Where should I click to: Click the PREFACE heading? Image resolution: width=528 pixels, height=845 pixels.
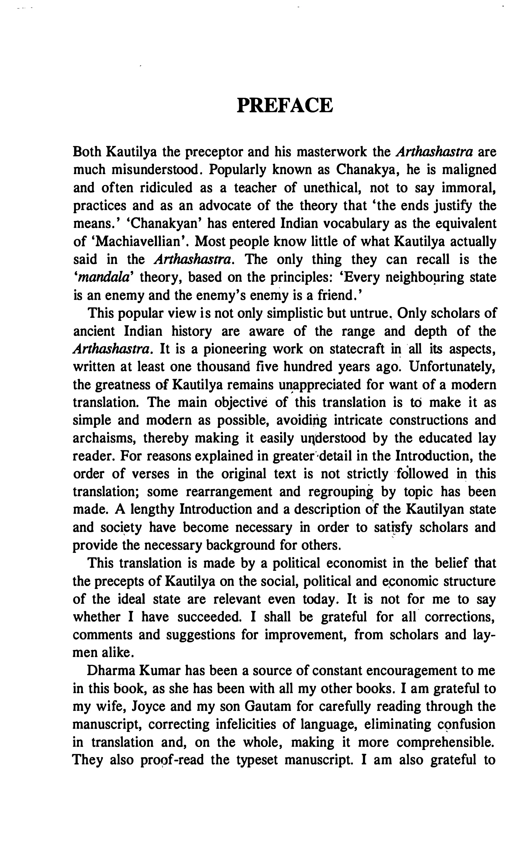[285, 105]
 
